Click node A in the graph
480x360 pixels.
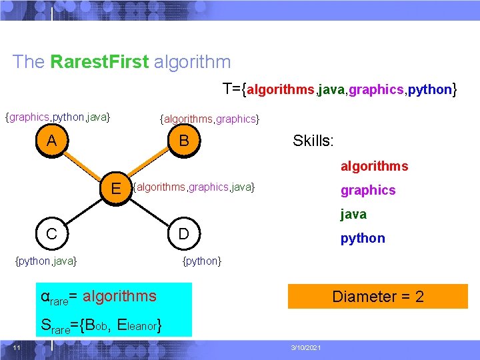[x=51, y=141]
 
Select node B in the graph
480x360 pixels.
[x=185, y=141]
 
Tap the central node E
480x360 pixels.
[x=116, y=188]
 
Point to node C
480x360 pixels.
[x=51, y=235]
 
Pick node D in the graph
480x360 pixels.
[x=185, y=235]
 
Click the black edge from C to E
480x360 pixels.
[x=83, y=211]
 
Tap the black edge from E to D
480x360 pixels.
[x=150, y=211]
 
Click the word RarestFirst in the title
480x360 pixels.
[x=99, y=63]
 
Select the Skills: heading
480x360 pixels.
[x=313, y=141]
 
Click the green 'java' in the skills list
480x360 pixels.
[x=353, y=214]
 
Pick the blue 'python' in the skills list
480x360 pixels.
[x=363, y=238]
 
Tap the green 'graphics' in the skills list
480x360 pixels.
[x=368, y=190]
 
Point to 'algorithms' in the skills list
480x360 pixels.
[x=375, y=166]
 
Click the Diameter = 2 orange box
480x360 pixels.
[x=378, y=297]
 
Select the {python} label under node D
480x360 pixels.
[x=202, y=261]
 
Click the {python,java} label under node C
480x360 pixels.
[x=46, y=261]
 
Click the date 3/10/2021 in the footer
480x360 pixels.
[x=307, y=348]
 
